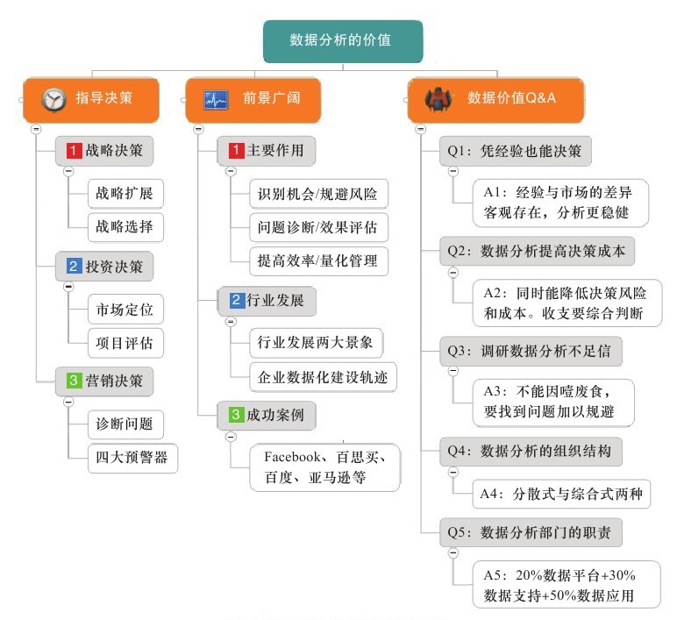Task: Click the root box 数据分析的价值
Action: click(x=343, y=41)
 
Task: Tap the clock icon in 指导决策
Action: click(x=54, y=99)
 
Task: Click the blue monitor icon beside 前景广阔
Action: click(x=216, y=100)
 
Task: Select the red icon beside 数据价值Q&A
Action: click(x=438, y=99)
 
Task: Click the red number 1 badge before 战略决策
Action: click(x=74, y=151)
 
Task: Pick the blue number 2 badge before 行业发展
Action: click(x=236, y=300)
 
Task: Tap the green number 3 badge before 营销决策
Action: click(x=74, y=381)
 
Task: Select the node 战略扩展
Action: click(x=125, y=194)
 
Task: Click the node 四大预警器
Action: click(x=132, y=458)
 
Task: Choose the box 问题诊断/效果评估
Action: click(x=318, y=227)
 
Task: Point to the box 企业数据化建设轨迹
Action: click(x=323, y=377)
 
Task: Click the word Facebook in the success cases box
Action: click(x=292, y=457)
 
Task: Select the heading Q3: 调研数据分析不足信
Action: click(x=531, y=351)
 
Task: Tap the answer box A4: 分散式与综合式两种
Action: click(x=561, y=494)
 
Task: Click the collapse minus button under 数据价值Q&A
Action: click(x=420, y=129)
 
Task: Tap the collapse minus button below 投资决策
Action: click(x=68, y=287)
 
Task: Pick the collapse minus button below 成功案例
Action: click(x=231, y=437)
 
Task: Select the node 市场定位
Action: click(x=125, y=310)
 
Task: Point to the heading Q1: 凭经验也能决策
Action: click(x=515, y=151)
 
